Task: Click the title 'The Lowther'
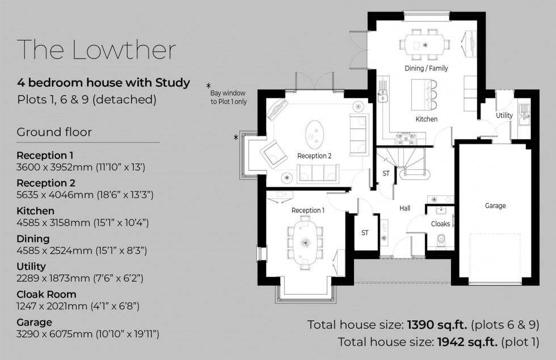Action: (x=96, y=50)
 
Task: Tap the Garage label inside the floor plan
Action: (x=495, y=206)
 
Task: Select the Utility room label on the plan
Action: (x=504, y=116)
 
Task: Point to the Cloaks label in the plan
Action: (x=440, y=224)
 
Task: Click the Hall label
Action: (x=405, y=208)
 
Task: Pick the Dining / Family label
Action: (x=426, y=68)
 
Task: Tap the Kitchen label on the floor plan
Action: (x=426, y=119)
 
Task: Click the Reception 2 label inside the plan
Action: (x=314, y=156)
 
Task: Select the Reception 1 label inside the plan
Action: (x=308, y=211)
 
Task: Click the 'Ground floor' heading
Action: (x=54, y=132)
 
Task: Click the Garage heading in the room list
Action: (x=34, y=322)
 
